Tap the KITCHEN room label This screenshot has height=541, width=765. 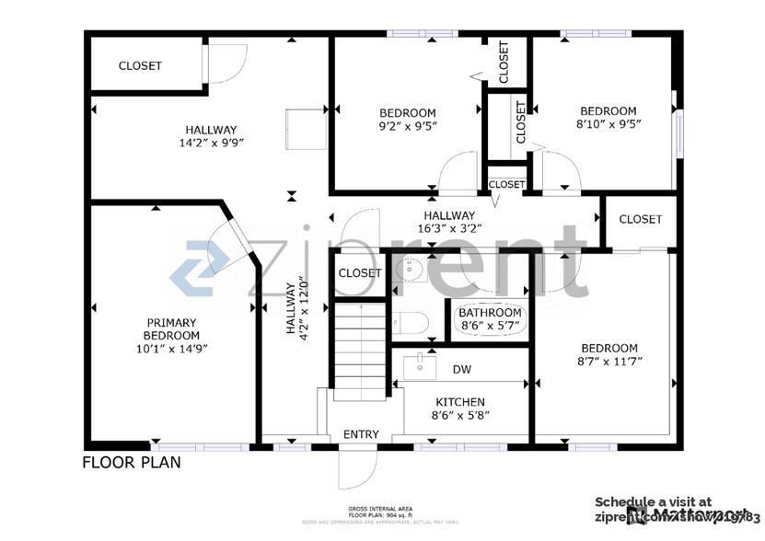pyautogui.click(x=460, y=402)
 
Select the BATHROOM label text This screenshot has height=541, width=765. pyautogui.click(x=491, y=313)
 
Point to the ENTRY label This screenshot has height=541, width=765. pyautogui.click(x=360, y=434)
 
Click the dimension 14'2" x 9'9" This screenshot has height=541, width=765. pyautogui.click(x=210, y=143)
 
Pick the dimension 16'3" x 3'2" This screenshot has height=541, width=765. pyautogui.click(x=448, y=228)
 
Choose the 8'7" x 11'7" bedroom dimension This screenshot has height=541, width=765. pyautogui.click(x=608, y=361)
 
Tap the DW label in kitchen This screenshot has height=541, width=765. pyautogui.click(x=461, y=370)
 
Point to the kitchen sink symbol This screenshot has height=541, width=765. pyautogui.click(x=420, y=366)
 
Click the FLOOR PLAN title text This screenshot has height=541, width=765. pyautogui.click(x=132, y=462)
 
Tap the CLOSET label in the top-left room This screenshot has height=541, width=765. pyautogui.click(x=140, y=66)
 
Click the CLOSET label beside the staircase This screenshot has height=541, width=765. pyautogui.click(x=359, y=273)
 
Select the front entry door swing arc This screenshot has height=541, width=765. pyautogui.click(x=357, y=469)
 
